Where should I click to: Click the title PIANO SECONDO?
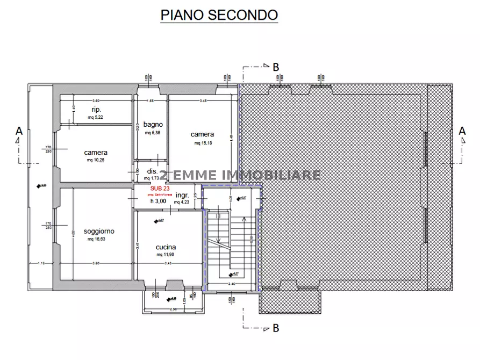(219, 15)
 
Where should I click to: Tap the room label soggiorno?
(99, 232)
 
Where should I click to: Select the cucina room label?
(167, 247)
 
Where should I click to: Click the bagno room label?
(153, 125)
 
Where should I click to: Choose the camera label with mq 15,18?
(202, 134)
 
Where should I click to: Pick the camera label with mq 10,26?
(96, 153)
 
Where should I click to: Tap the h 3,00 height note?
(159, 201)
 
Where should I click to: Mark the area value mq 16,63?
(96, 239)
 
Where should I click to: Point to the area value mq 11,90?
(167, 255)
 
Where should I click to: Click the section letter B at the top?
(276, 67)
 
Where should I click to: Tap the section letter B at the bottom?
(276, 327)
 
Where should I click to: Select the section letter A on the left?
(19, 131)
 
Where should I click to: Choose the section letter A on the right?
(462, 131)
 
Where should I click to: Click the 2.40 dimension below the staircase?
(232, 284)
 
